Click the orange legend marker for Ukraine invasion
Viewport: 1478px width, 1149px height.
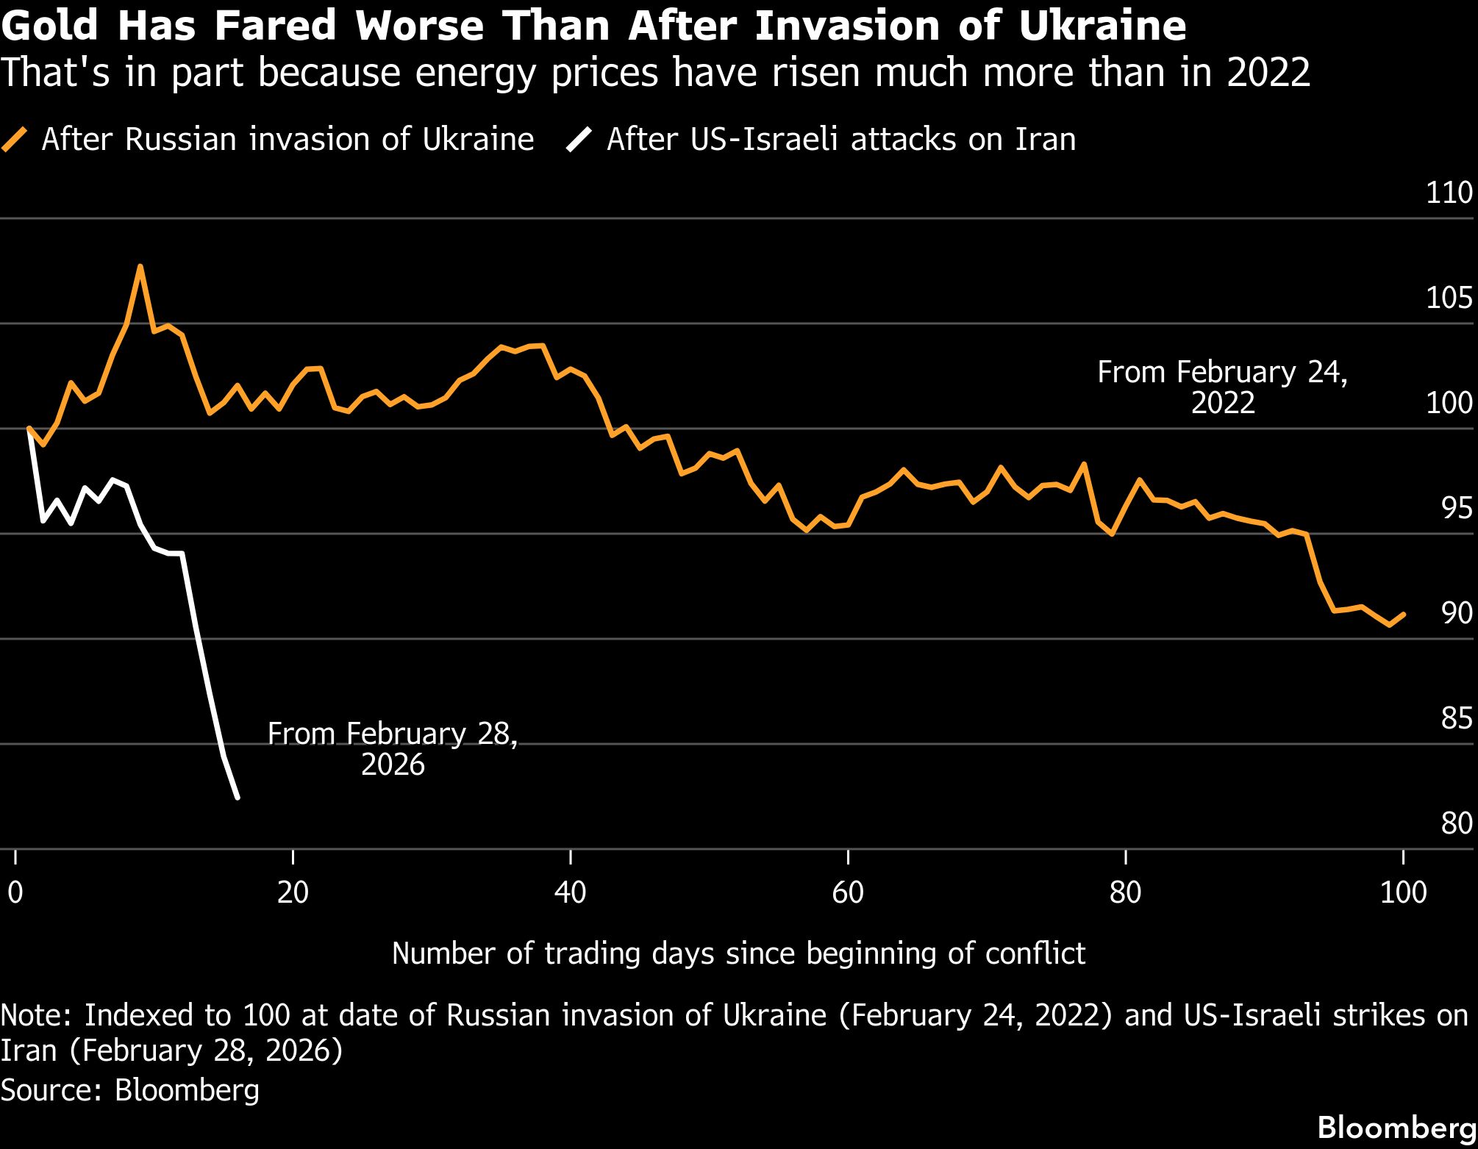pyautogui.click(x=15, y=139)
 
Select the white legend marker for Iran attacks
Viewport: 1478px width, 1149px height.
pyautogui.click(x=579, y=139)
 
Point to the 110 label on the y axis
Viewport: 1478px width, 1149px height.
pyautogui.click(x=1449, y=193)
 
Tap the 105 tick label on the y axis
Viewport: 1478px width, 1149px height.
pyautogui.click(x=1449, y=298)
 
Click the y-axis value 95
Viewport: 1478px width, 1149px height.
pyautogui.click(x=1457, y=508)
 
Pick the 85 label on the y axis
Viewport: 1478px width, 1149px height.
pyautogui.click(x=1457, y=718)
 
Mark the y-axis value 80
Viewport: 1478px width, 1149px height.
pyautogui.click(x=1457, y=823)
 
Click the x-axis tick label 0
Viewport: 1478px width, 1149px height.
pyautogui.click(x=15, y=892)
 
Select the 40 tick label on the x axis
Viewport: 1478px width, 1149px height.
pyautogui.click(x=571, y=892)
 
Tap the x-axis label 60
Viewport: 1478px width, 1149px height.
pyautogui.click(x=848, y=892)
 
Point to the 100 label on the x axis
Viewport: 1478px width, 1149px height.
pyautogui.click(x=1403, y=892)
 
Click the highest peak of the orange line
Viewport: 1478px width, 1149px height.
pyautogui.click(x=140, y=266)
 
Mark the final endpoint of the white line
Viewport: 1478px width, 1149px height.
pyautogui.click(x=237, y=798)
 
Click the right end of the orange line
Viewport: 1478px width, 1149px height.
pyautogui.click(x=1404, y=614)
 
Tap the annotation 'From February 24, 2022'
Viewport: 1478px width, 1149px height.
pyautogui.click(x=1222, y=387)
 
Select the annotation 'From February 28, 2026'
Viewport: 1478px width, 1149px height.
pyautogui.click(x=393, y=749)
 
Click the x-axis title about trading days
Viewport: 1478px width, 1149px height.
pyautogui.click(x=738, y=953)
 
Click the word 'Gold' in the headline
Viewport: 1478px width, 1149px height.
pyautogui.click(x=50, y=26)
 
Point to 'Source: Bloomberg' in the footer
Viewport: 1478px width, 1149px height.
pyautogui.click(x=130, y=1089)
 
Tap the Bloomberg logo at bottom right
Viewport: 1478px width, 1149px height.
pyautogui.click(x=1396, y=1127)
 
